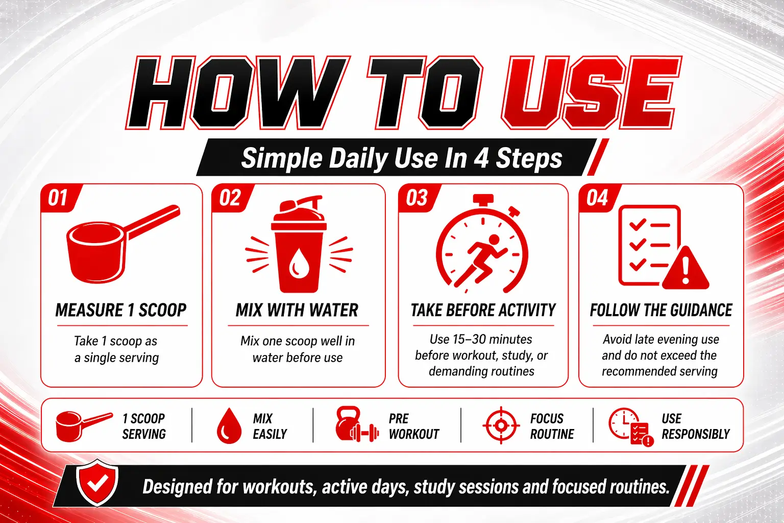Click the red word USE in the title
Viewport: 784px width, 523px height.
tap(592, 93)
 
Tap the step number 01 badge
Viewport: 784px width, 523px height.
tap(60, 198)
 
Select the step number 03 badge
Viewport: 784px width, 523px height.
tap(418, 198)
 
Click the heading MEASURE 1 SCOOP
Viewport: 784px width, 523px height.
tap(121, 311)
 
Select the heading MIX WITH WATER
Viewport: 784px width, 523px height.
tap(297, 311)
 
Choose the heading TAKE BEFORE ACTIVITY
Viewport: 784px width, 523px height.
tap(483, 311)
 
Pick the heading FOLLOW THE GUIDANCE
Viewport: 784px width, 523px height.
tap(661, 311)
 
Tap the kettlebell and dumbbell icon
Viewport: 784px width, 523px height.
tap(357, 424)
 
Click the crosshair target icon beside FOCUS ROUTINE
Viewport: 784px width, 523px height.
tap(501, 425)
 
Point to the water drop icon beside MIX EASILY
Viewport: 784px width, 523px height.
tap(229, 425)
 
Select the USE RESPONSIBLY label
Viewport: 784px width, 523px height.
tap(696, 426)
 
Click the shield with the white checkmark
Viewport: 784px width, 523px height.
tap(97, 483)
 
